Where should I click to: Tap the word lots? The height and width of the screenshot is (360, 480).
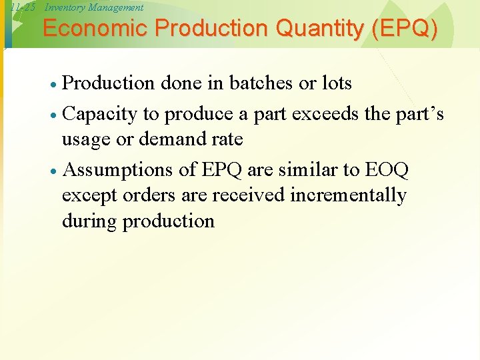(x=335, y=83)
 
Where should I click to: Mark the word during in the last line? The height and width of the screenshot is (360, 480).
(x=89, y=221)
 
